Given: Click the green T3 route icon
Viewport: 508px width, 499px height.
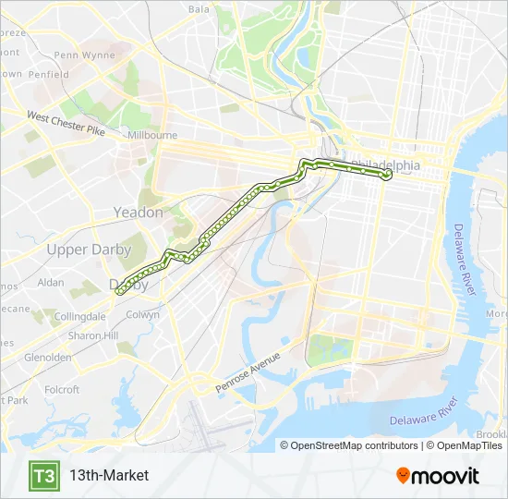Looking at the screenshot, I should click(43, 476).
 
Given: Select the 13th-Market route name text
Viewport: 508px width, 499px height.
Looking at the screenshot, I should click(108, 476).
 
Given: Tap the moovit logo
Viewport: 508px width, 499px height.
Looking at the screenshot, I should click(438, 476).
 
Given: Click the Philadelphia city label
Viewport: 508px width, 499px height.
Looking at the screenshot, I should click(385, 164).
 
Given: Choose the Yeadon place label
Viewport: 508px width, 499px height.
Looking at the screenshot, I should click(138, 213).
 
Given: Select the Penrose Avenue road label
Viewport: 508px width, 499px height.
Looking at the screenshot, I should click(247, 370).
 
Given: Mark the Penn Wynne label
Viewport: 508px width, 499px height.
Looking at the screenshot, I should click(85, 55).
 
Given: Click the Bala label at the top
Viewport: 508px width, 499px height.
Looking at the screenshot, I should click(199, 9).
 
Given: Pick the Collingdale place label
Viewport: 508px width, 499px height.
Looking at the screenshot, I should click(81, 316).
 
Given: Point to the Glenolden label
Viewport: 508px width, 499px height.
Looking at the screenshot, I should click(48, 357).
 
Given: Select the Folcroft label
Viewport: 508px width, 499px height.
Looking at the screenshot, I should click(62, 390).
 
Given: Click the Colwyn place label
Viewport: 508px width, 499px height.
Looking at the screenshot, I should click(142, 314).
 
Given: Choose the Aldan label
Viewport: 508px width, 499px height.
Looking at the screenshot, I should click(51, 282).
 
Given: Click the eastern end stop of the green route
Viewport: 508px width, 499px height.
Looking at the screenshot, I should click(387, 174).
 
